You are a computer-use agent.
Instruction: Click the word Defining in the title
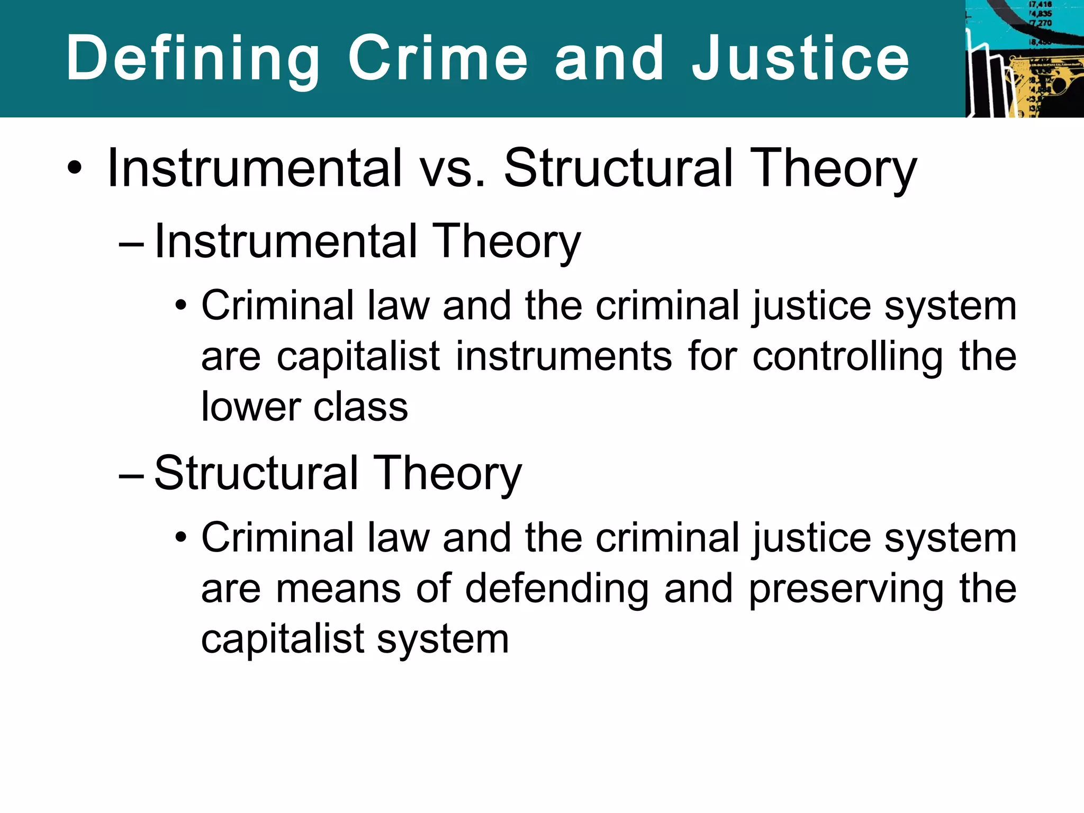(x=193, y=58)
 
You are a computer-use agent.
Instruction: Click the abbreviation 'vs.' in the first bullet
(x=453, y=168)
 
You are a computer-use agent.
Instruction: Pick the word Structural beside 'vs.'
(x=619, y=168)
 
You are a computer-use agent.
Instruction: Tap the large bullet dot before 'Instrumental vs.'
(x=75, y=168)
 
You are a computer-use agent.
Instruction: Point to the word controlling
(x=847, y=357)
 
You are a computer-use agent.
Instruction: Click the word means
(x=338, y=589)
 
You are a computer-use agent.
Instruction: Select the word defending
(x=557, y=589)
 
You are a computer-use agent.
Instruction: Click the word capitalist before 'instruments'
(x=358, y=357)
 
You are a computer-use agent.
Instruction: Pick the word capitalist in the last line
(x=282, y=639)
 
